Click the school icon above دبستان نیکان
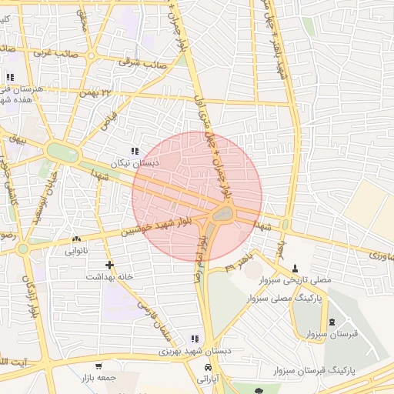point(135,151)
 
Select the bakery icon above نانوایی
point(75,239)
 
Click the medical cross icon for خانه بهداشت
point(110,265)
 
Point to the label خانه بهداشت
point(110,276)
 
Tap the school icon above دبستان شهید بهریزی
point(194,339)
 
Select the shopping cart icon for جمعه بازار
point(98,366)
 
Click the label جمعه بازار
point(97,378)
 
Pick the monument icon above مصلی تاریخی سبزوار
point(296,268)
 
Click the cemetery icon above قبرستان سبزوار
point(332,322)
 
